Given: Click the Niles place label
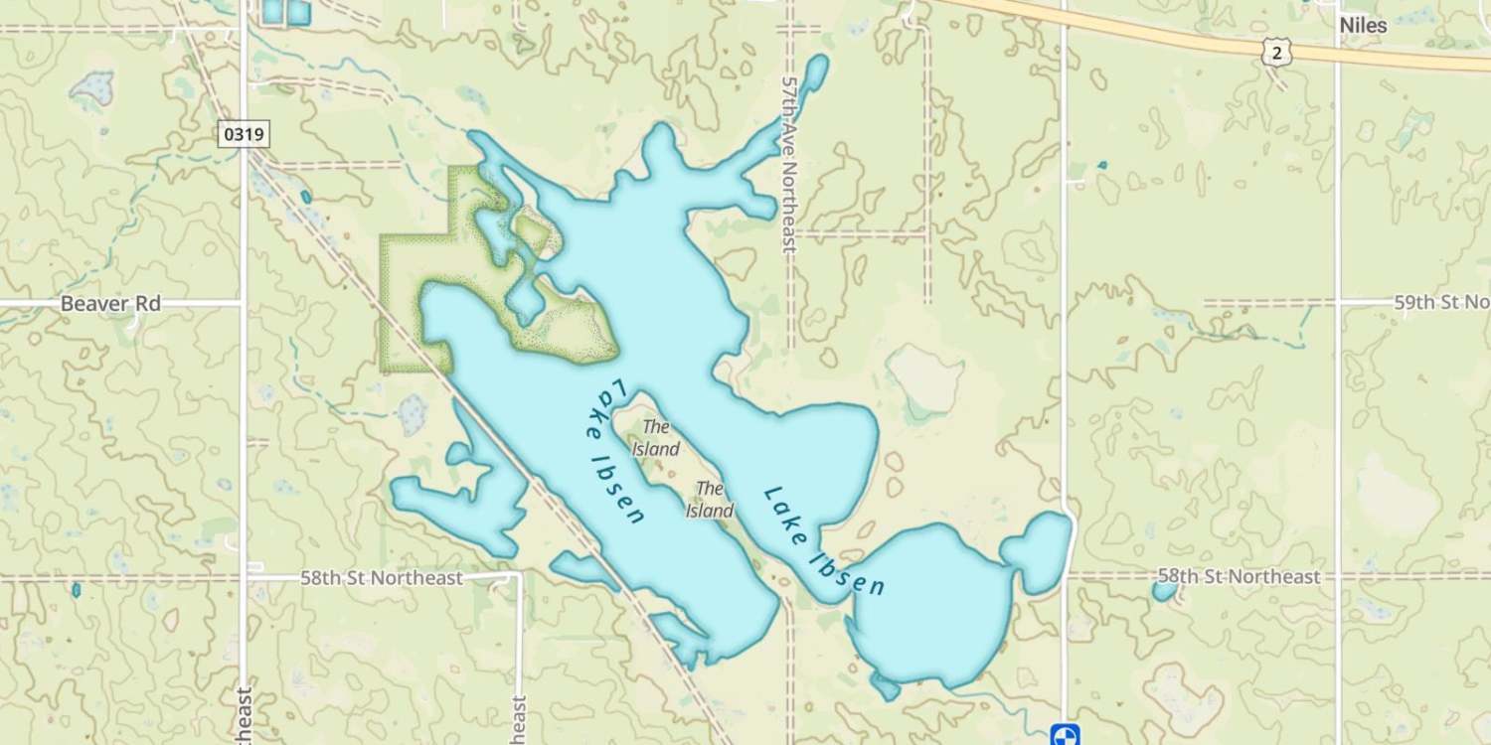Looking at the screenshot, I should (x=1363, y=26).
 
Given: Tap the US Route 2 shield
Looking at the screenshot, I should (x=1276, y=54).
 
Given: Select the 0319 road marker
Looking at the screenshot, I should (x=244, y=134).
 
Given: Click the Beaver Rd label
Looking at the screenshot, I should (x=110, y=303).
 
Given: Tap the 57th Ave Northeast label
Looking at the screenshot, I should (x=791, y=164).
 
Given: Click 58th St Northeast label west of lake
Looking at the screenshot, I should (x=382, y=578).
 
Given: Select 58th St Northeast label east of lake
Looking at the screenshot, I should (x=1240, y=576).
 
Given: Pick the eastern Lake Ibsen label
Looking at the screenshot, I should (x=824, y=541).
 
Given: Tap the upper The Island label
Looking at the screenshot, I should (x=656, y=438).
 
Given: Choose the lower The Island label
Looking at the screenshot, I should (x=710, y=500).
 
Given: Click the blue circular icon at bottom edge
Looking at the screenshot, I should (x=1065, y=734).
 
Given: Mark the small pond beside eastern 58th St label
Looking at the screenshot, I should (x=1164, y=591).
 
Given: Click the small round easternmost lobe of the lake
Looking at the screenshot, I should (x=1037, y=550).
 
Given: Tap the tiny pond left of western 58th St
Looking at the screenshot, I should (x=77, y=589).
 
